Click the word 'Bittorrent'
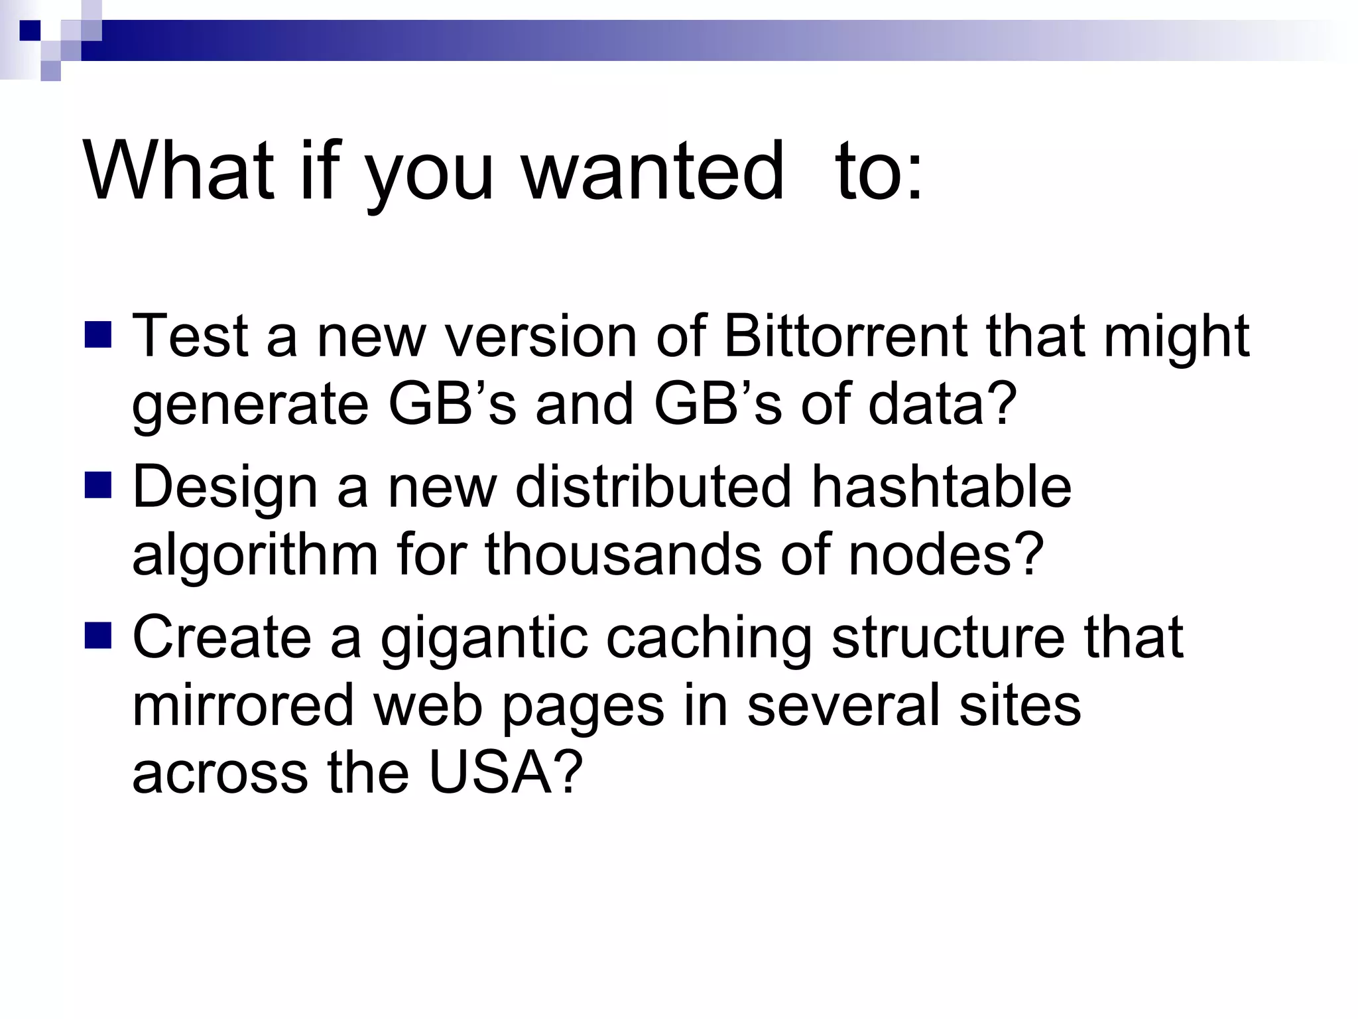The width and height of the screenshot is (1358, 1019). click(845, 336)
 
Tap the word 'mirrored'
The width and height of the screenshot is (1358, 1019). click(243, 705)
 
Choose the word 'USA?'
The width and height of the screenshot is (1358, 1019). click(505, 773)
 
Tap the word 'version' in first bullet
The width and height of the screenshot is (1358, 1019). click(540, 336)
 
